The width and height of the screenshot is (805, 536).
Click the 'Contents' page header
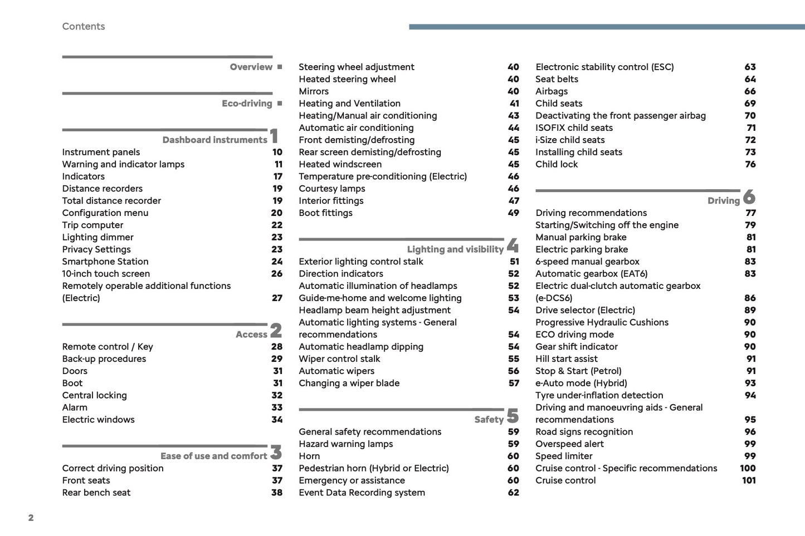click(x=84, y=26)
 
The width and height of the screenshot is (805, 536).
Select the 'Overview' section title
click(x=251, y=67)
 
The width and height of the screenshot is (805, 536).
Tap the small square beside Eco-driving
click(x=280, y=104)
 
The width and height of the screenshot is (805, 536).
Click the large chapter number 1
click(x=274, y=136)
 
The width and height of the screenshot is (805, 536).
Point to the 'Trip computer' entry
click(x=92, y=225)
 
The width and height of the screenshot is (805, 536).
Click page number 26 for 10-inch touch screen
click(x=277, y=274)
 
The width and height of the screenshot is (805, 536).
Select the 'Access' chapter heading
click(x=251, y=335)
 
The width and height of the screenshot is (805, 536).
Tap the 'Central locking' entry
click(x=95, y=395)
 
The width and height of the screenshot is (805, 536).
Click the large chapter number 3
click(x=276, y=452)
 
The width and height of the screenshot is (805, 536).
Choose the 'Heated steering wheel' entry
click(x=347, y=79)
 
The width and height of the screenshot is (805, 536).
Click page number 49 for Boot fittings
click(x=513, y=213)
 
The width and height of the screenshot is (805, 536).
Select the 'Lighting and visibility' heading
click(x=455, y=249)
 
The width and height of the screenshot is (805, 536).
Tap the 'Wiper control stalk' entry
click(x=339, y=359)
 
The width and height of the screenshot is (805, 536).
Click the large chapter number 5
click(x=513, y=416)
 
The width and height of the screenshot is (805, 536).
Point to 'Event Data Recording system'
click(x=362, y=493)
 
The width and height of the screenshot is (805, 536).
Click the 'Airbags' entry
click(x=552, y=91)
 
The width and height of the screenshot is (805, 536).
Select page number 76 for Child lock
click(x=750, y=164)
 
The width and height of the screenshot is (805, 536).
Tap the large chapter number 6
click(x=749, y=196)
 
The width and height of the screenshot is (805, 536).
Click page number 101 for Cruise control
click(x=749, y=480)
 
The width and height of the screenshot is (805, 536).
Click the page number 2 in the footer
click(x=31, y=518)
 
